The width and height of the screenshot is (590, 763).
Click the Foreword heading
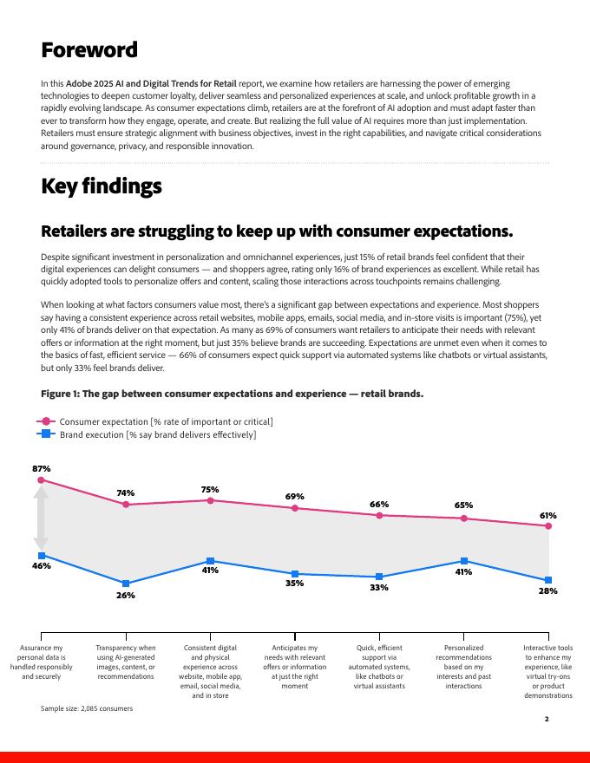[89, 50]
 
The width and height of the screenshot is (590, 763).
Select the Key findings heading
[102, 186]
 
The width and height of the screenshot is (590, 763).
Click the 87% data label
[42, 468]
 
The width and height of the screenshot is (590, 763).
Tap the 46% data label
[42, 566]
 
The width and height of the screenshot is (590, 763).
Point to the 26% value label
[126, 596]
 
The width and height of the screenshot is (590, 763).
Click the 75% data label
[210, 489]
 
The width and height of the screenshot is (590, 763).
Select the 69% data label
[295, 497]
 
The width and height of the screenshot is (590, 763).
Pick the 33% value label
[379, 588]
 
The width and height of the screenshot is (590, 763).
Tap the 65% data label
[463, 505]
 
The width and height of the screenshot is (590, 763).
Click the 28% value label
[547, 590]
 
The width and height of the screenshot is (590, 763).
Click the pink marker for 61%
[548, 525]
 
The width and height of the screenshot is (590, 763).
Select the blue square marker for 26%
[126, 584]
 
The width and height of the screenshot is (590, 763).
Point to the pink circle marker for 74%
[126, 504]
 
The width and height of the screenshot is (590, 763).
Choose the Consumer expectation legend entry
[156, 421]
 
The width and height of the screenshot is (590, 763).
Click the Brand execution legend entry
[147, 434]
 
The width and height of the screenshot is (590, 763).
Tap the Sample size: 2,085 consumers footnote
[87, 708]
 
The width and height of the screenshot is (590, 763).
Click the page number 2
[547, 719]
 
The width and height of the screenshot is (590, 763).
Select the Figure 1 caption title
[233, 394]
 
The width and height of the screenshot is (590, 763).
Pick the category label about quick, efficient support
[379, 667]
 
